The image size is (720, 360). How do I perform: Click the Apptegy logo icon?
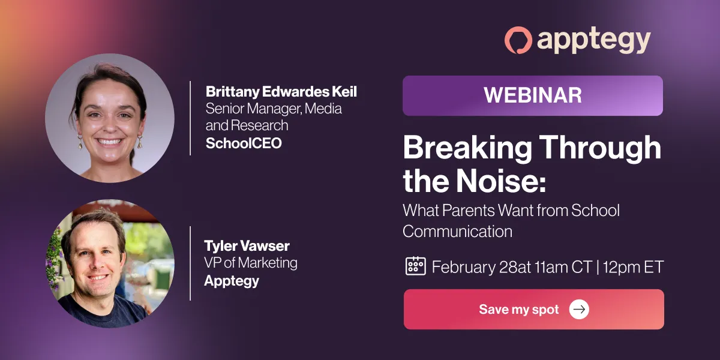click(x=518, y=40)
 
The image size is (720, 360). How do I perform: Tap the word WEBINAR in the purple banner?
click(x=533, y=95)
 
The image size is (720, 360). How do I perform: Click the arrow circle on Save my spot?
click(x=579, y=309)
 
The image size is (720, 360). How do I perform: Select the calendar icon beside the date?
click(x=416, y=266)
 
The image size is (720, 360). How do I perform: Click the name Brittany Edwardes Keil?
click(x=281, y=92)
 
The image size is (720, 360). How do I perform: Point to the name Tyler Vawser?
click(x=247, y=246)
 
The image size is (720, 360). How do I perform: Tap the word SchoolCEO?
click(x=244, y=143)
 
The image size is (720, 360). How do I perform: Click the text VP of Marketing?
click(x=251, y=263)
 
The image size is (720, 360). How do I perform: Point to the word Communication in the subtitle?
click(x=457, y=232)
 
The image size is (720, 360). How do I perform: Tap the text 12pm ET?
click(x=633, y=267)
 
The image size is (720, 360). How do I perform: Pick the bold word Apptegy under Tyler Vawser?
click(x=232, y=281)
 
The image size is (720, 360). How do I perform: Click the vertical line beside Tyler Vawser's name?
click(x=190, y=263)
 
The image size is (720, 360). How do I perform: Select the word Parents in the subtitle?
click(x=469, y=211)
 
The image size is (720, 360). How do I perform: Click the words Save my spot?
click(x=519, y=309)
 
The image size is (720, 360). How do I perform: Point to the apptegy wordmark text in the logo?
click(x=593, y=41)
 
